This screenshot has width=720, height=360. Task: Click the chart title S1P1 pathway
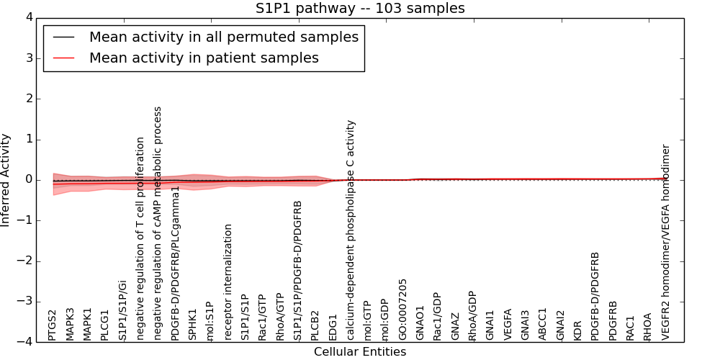360,9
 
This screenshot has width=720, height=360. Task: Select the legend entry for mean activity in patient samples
204,58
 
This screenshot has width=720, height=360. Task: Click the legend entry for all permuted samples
223,37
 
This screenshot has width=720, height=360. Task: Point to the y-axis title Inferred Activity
6,180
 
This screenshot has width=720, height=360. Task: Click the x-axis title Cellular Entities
360,352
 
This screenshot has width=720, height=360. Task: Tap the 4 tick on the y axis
27,18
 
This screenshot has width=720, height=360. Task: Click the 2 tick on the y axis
27,99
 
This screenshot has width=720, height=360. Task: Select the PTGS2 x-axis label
53,325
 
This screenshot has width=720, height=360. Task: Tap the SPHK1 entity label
193,324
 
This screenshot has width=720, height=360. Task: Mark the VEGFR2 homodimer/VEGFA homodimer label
666,242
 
